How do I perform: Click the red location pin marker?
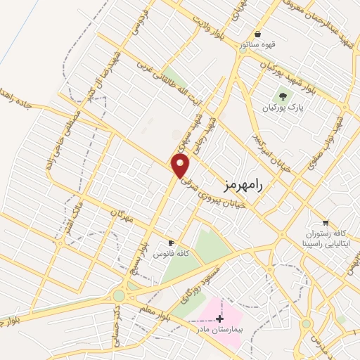click(x=181, y=167)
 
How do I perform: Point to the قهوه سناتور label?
click(x=257, y=45)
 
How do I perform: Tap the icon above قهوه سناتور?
click(x=257, y=34)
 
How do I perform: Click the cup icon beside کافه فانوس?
click(x=170, y=241)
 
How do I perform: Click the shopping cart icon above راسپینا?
click(x=325, y=221)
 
